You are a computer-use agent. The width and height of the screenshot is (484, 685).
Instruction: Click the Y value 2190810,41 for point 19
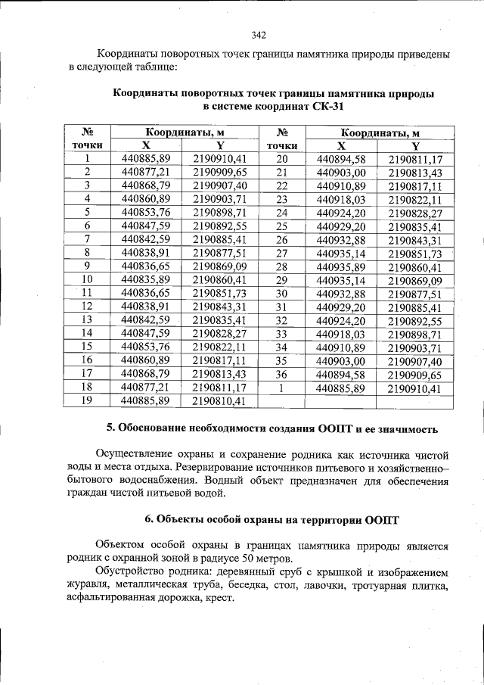219,400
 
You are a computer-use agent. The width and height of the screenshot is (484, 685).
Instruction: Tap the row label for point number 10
88,279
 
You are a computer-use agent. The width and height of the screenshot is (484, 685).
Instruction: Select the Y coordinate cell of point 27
414,254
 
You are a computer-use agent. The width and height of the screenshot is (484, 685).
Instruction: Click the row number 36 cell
282,374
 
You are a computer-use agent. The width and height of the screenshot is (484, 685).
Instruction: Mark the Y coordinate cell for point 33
414,334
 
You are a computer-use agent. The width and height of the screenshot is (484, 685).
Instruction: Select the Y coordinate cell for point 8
219,253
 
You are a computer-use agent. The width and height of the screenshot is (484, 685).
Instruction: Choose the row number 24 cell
282,213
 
